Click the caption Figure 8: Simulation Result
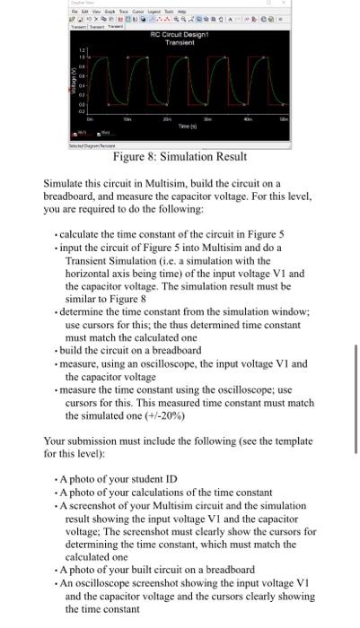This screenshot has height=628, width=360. [180, 157]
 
